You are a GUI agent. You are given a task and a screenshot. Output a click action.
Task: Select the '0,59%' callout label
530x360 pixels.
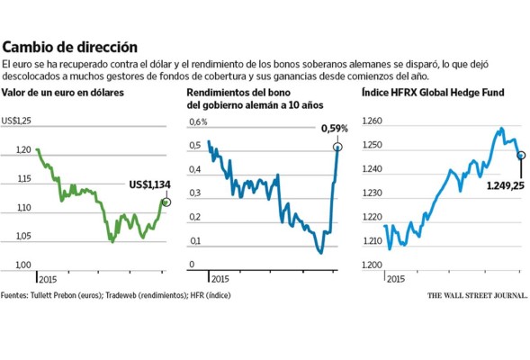334,129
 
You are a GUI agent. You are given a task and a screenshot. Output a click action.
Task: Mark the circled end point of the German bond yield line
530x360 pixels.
338,146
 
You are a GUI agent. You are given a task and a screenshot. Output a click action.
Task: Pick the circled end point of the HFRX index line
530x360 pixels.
521,155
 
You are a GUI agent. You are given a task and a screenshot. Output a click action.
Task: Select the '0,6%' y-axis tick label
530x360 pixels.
198,121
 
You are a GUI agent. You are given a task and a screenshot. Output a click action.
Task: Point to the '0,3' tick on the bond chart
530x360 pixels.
194,193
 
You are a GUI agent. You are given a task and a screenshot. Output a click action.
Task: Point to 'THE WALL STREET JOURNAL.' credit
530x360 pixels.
477,295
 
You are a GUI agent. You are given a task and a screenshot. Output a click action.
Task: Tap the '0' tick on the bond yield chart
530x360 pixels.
191,265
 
